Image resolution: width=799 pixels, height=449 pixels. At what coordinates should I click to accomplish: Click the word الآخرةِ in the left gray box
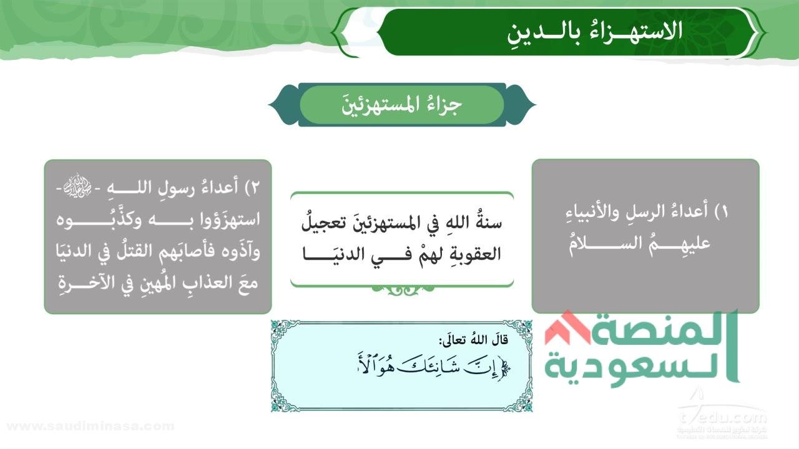pos(82,284)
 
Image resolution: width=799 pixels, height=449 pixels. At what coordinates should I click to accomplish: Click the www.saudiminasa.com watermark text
pos(90,427)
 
